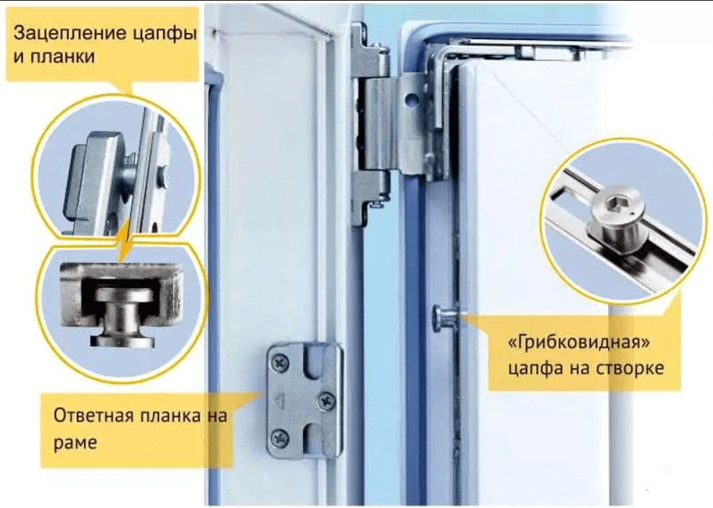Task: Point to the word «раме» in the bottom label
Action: point(75,443)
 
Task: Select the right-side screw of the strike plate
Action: point(326,400)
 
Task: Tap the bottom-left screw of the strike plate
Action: point(279,438)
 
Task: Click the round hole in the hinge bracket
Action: point(411,98)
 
